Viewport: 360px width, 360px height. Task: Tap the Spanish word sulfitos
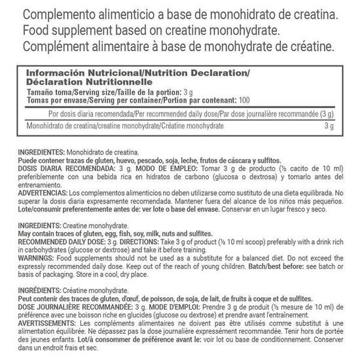tap(266, 159)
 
